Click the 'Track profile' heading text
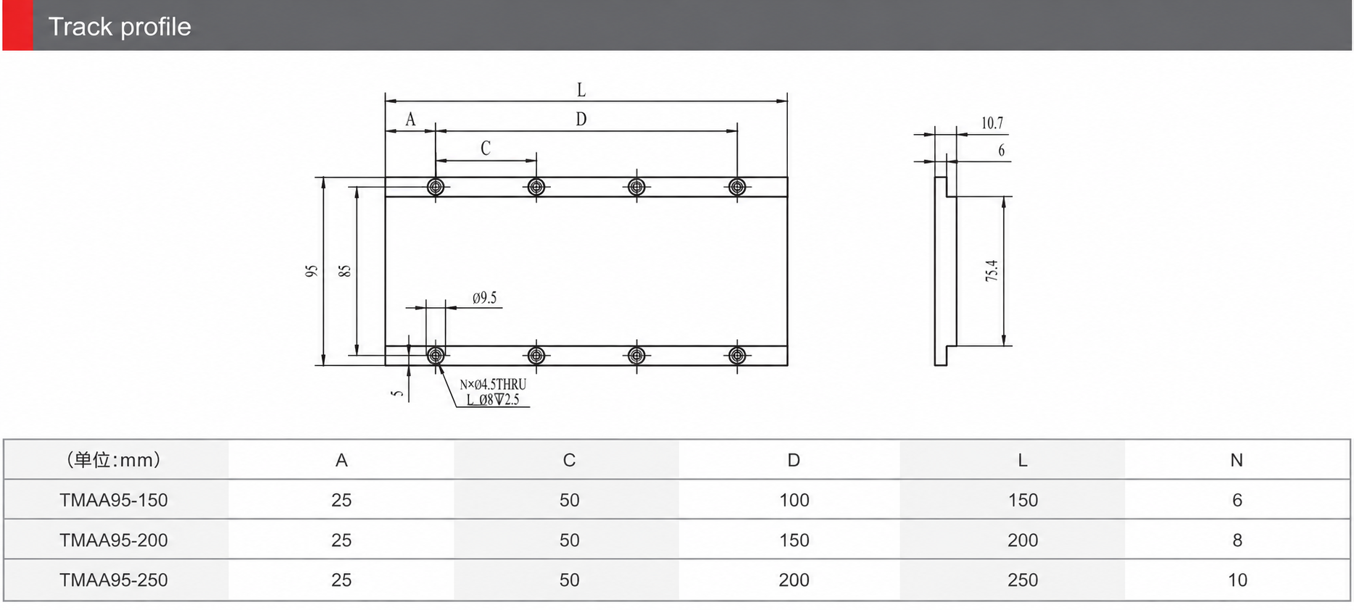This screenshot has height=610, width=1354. (120, 27)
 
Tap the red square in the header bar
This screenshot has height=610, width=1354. (17, 25)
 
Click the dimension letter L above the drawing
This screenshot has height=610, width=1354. (581, 90)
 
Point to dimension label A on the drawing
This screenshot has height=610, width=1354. (410, 120)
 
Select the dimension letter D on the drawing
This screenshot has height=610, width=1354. (581, 120)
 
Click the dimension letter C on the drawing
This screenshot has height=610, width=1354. (486, 148)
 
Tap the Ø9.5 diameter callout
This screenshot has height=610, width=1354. (485, 298)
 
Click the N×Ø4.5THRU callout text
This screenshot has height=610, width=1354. (493, 385)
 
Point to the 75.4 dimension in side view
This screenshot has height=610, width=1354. (992, 270)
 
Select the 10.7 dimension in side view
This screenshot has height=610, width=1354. (992, 123)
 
